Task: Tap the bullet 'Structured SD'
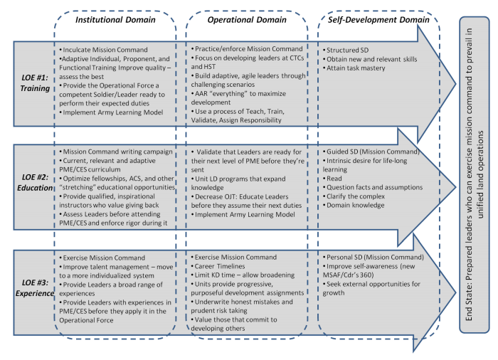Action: point(349,51)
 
